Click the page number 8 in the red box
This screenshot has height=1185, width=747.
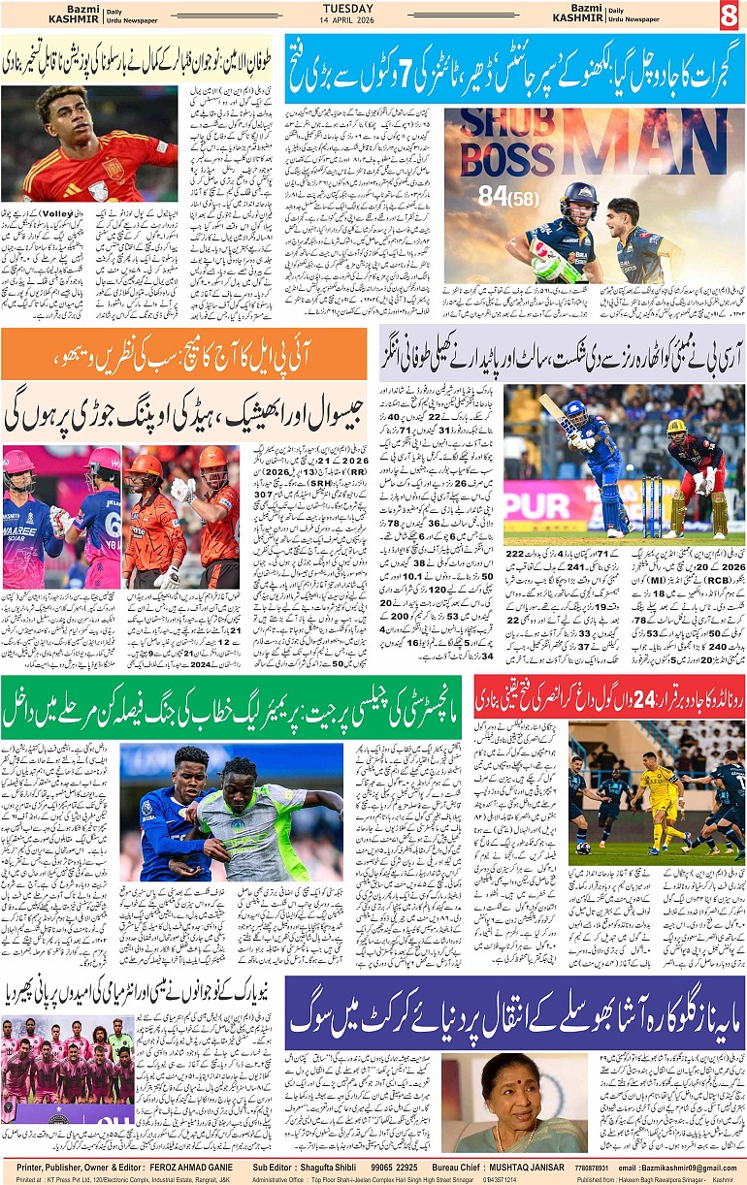[729, 16]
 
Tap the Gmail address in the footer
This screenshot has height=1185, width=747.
[692, 1168]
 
